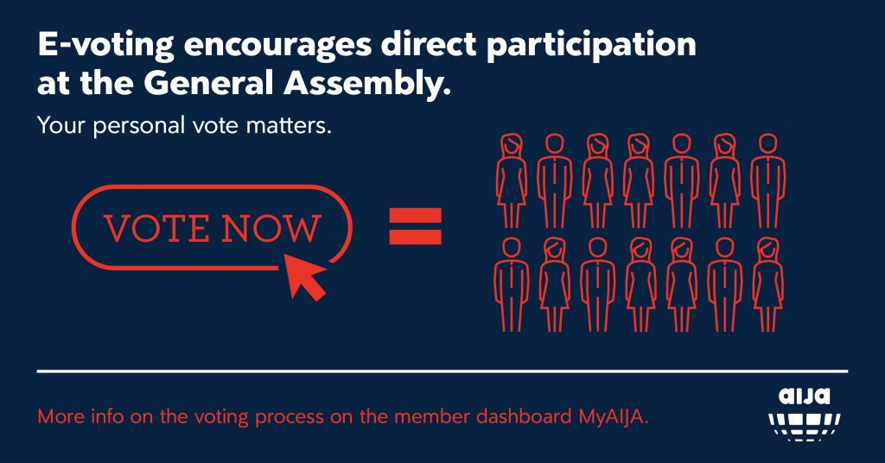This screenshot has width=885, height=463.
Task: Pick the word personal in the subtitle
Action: click(139, 126)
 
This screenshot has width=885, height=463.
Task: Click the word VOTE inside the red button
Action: click(156, 228)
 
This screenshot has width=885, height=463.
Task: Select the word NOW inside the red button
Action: click(271, 228)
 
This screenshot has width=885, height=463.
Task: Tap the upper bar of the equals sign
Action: click(416, 215)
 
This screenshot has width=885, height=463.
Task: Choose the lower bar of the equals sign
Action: click(416, 238)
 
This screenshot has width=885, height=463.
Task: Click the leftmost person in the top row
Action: click(512, 181)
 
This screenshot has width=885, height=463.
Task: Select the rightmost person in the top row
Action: click(767, 181)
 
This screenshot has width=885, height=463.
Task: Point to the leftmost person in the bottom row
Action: click(512, 284)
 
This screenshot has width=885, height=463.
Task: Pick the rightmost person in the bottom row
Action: click(767, 284)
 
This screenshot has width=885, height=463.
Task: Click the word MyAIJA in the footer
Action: click(613, 416)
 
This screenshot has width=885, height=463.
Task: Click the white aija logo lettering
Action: click(805, 396)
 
